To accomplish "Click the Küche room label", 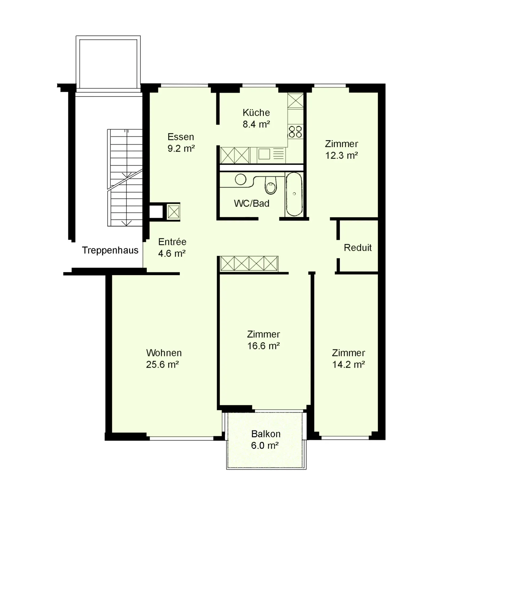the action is [256, 113].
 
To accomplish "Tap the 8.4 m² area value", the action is [256, 124].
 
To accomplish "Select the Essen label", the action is [181, 137].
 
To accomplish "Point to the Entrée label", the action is [172, 242].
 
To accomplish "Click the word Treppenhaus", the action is [110, 251].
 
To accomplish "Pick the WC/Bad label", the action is [252, 204].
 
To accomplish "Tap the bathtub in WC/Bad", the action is [294, 194].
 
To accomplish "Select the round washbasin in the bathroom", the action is [240, 180].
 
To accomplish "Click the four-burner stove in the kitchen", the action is [295, 132].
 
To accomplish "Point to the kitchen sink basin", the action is [264, 154].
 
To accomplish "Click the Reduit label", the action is [357, 248].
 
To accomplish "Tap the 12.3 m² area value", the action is [341, 155].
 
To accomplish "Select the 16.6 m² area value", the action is [263, 346].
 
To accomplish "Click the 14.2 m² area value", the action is [348, 365].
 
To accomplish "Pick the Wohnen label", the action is [164, 353].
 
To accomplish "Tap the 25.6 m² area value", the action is [162, 365].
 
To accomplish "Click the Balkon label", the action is [266, 434].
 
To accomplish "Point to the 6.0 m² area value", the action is [265, 446].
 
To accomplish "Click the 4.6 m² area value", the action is [172, 253].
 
